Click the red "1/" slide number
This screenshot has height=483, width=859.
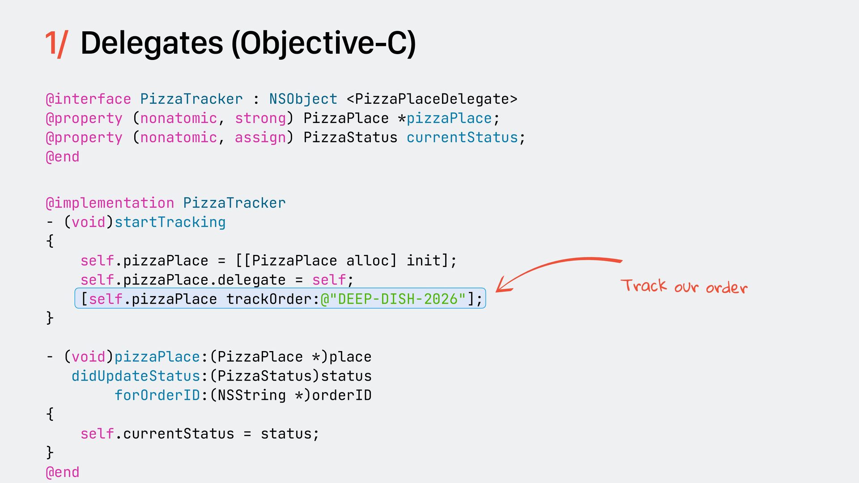(x=56, y=44)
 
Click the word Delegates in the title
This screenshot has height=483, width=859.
(x=151, y=43)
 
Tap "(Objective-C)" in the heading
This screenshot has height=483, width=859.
(x=323, y=44)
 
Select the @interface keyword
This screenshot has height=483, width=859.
(x=88, y=99)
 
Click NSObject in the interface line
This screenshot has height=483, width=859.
(x=303, y=99)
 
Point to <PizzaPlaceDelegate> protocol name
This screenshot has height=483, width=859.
(x=432, y=99)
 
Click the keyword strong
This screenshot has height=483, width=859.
(x=260, y=118)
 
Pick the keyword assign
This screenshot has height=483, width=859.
(x=260, y=137)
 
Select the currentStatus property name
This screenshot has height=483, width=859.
(x=462, y=137)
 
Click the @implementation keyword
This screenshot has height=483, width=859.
(x=110, y=203)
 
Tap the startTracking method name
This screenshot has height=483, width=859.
(x=170, y=222)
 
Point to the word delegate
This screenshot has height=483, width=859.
(x=251, y=280)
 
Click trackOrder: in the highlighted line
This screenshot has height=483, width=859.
(x=273, y=299)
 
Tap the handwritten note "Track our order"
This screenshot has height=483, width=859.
(x=684, y=286)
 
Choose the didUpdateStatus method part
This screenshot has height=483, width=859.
(x=136, y=376)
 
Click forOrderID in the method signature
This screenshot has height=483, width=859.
(x=157, y=395)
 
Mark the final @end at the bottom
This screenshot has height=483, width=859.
(x=63, y=472)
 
